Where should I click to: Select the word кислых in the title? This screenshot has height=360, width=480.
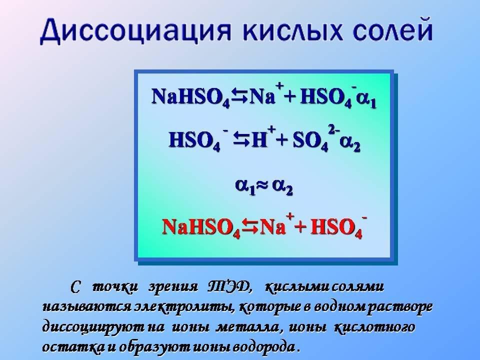point(292,30)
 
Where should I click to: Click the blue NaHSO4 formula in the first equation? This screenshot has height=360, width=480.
point(190,97)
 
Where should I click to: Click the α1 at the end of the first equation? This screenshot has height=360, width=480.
point(366,100)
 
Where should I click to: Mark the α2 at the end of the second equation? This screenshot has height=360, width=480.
point(350,143)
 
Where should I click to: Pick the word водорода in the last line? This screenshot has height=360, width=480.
point(264,347)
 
